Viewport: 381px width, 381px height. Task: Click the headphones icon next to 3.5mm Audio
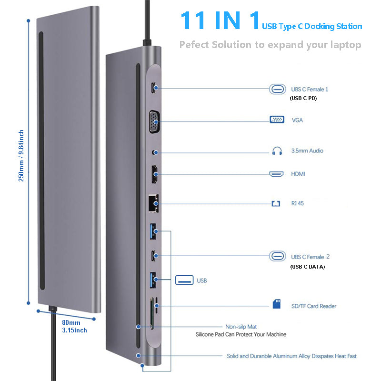point(277,151)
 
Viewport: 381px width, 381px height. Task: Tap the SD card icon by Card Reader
point(277,304)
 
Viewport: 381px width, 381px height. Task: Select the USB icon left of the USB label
point(184,280)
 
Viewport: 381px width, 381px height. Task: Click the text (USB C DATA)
point(307,267)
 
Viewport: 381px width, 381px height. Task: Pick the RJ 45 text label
point(298,203)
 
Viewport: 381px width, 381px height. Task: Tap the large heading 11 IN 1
point(220,21)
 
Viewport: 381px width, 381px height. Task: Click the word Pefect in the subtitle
point(193,45)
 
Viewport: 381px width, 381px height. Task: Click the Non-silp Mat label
point(241,327)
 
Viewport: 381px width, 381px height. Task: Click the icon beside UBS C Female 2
point(277,256)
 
